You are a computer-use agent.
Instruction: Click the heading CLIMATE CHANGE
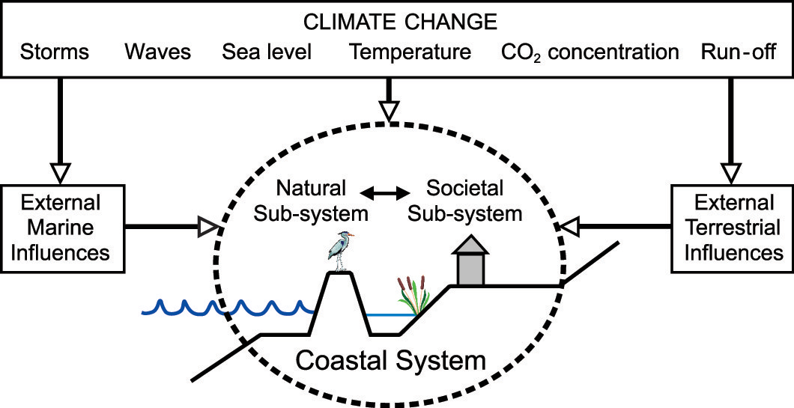(x=399, y=22)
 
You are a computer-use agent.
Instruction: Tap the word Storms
(x=54, y=52)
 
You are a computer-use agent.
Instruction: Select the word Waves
(x=157, y=52)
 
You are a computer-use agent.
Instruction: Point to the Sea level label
(x=267, y=52)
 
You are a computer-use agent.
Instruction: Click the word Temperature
(x=410, y=52)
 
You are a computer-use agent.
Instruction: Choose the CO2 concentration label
(x=590, y=52)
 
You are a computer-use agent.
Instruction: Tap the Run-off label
(x=739, y=52)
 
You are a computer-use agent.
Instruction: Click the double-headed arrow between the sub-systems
(x=385, y=193)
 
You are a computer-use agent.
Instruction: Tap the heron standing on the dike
(x=339, y=251)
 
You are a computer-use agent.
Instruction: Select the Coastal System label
(x=390, y=361)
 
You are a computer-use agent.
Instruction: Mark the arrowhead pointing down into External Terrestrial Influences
(x=731, y=173)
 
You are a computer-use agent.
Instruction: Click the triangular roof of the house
(x=470, y=244)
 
